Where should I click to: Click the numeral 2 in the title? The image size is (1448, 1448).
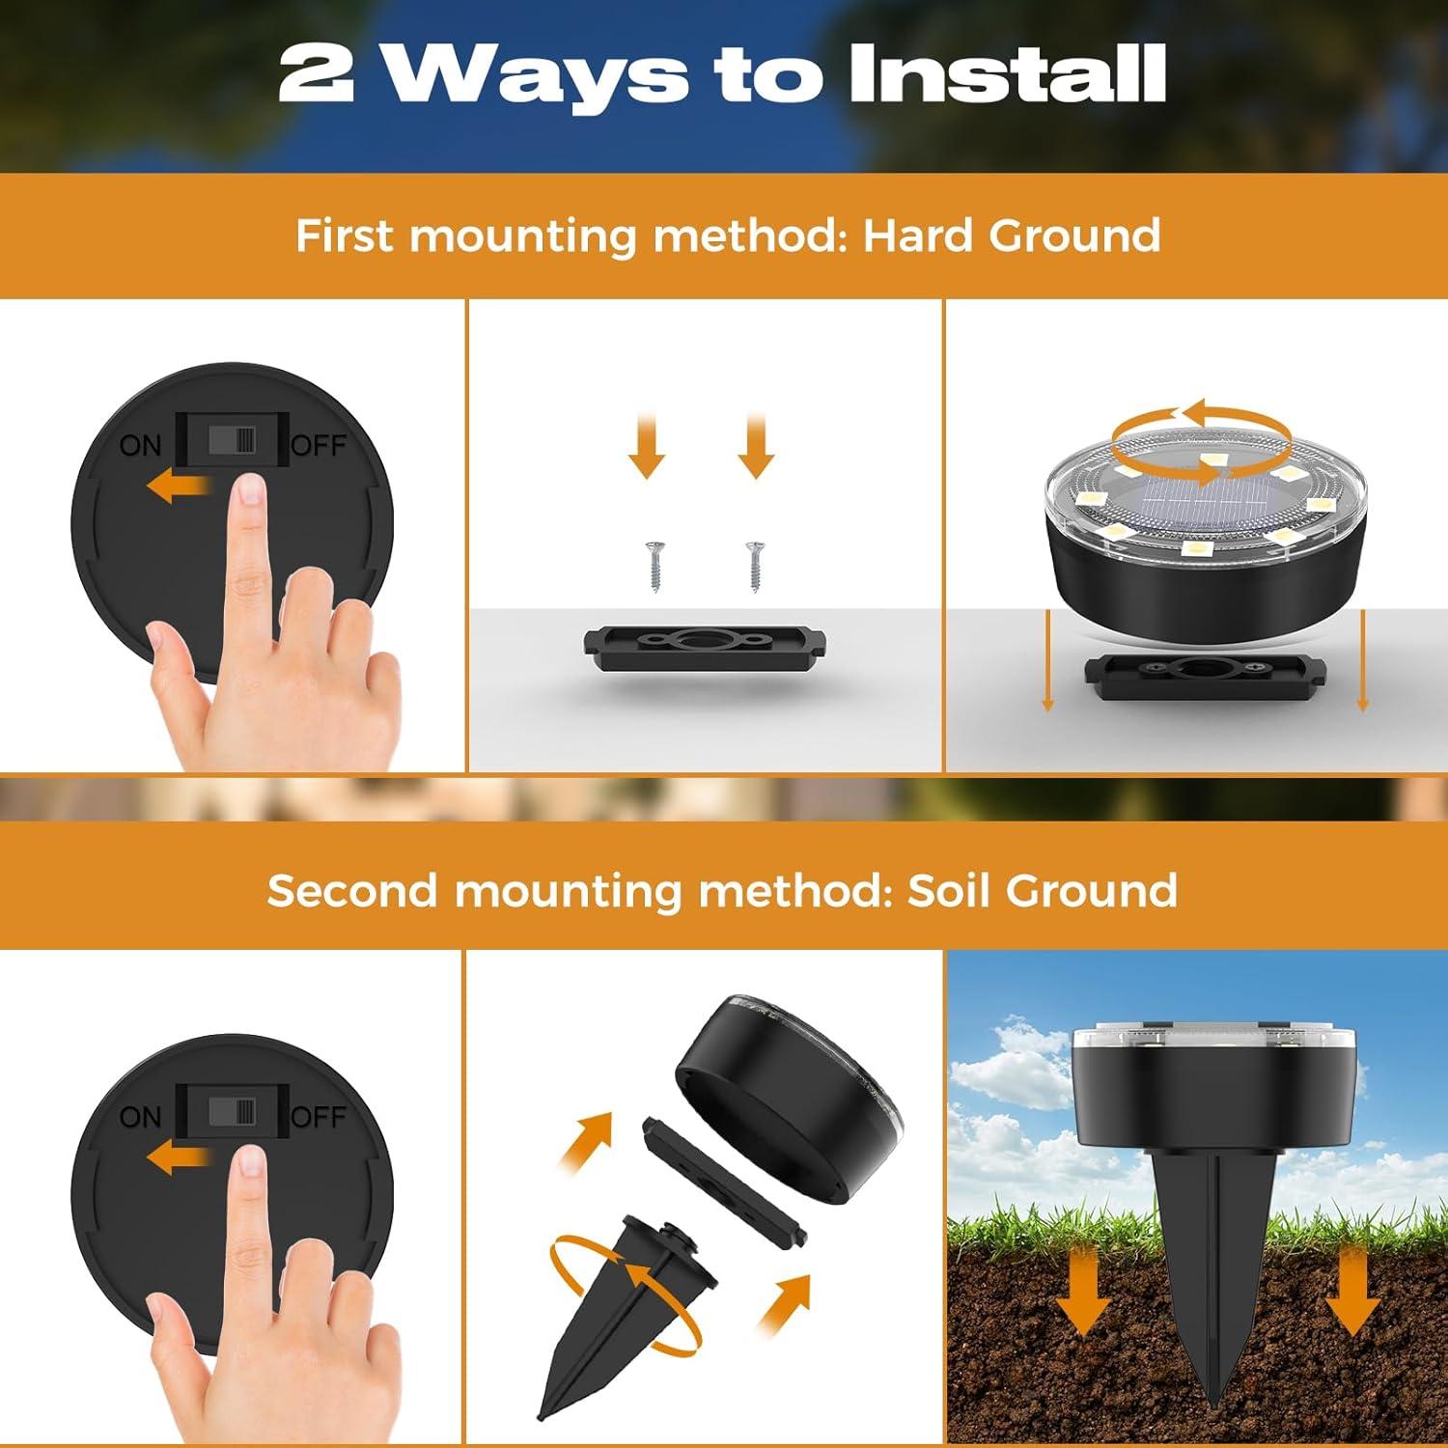pyautogui.click(x=315, y=73)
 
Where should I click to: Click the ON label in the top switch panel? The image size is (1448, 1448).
pyautogui.click(x=141, y=445)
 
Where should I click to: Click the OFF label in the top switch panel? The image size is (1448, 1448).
pyautogui.click(x=318, y=445)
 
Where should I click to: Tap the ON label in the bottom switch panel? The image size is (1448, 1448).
pyautogui.click(x=141, y=1117)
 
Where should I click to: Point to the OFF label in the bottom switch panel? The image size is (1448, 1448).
pyautogui.click(x=318, y=1117)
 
